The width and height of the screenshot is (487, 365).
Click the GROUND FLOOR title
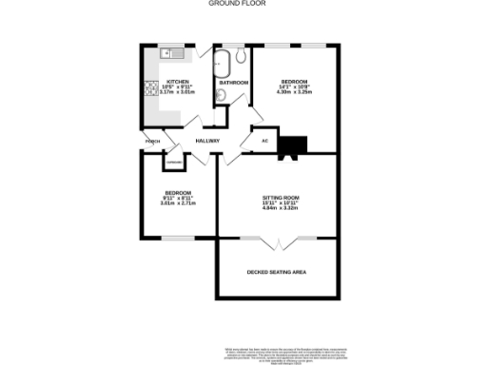tap(243, 4)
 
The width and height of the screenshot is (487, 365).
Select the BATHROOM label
tap(233, 83)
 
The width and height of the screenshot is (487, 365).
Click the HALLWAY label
tap(207, 141)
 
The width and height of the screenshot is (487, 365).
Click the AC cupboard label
tap(265, 141)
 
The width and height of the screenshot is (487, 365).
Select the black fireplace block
tap(294, 144)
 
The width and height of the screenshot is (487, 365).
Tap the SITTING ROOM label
tap(280, 196)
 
